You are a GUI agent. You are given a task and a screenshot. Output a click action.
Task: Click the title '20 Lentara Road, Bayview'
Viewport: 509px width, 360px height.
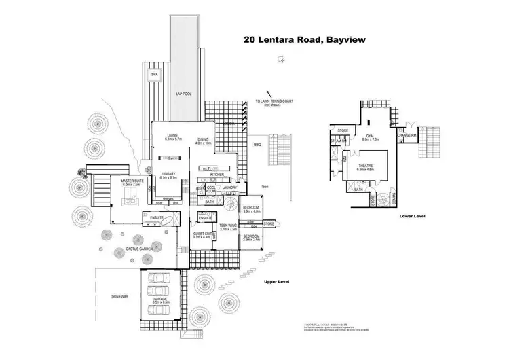(305, 40)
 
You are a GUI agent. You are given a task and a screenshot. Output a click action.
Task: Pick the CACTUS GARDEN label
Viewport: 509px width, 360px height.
(138, 249)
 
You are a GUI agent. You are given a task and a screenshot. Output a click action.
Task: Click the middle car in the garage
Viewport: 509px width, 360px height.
(162, 292)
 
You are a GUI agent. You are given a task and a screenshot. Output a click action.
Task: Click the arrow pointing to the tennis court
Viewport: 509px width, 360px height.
(270, 96)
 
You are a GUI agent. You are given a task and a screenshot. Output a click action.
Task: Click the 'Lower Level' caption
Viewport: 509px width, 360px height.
(413, 215)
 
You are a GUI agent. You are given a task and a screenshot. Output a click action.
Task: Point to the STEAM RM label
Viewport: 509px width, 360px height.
(339, 141)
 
